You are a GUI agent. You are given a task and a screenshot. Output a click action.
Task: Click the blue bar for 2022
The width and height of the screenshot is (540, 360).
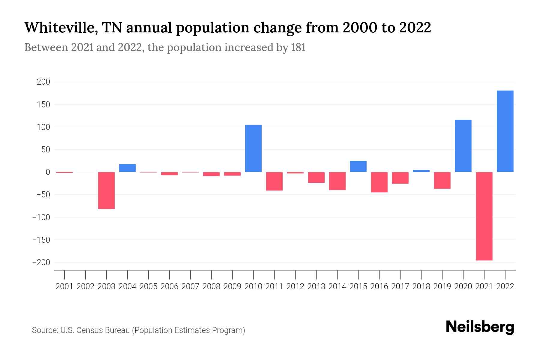505,131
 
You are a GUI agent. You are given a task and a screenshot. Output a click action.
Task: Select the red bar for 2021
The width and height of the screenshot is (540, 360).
484,216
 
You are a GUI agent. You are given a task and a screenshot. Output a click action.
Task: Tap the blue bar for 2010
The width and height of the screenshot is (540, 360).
253,148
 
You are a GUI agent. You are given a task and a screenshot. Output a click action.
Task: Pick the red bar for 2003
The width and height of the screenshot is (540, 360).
106,190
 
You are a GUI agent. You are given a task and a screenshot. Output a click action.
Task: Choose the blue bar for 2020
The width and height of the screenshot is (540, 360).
463,146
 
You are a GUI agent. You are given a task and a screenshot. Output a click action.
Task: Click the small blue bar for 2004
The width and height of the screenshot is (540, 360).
127,168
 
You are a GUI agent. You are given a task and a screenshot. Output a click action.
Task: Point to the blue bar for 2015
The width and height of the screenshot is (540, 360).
358,166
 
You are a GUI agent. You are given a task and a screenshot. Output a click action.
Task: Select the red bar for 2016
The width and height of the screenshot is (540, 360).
379,182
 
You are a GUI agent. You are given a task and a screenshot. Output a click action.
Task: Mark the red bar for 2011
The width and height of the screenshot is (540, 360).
274,181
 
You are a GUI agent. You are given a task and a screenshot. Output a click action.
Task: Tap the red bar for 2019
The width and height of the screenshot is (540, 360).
442,180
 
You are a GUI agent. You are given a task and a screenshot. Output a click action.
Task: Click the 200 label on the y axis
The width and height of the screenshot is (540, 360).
43,82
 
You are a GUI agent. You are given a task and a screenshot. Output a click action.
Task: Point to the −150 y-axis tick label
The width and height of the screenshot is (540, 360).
41,240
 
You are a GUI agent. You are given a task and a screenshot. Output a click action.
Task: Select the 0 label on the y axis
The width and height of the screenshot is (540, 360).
48,172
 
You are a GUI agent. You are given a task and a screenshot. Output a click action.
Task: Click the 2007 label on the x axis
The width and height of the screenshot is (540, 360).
190,286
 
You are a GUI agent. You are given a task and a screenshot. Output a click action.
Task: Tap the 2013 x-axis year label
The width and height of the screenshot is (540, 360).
316,286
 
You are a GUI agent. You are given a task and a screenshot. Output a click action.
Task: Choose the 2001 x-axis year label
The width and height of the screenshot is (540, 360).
64,286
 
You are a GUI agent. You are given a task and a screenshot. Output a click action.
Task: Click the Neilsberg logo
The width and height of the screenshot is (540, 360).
480,327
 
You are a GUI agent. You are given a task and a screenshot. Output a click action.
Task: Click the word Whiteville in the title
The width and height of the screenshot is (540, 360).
60,28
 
